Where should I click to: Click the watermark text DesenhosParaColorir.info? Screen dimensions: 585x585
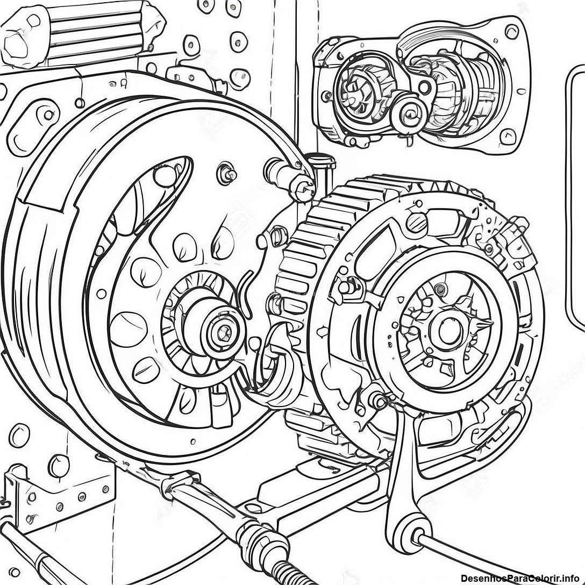tap(521, 579)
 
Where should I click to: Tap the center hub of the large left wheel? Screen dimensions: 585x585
tap(224, 329)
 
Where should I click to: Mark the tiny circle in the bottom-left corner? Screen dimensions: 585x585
tap(15, 572)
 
